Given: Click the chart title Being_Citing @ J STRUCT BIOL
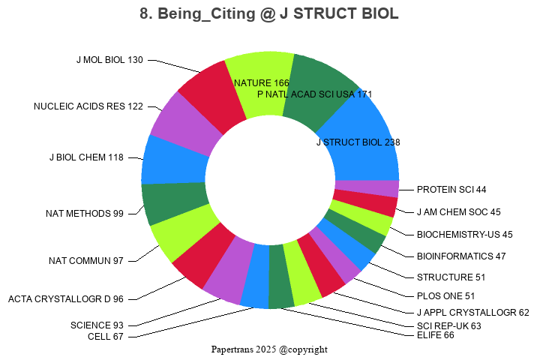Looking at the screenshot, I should [269, 14].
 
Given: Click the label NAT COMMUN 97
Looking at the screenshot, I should [85, 261].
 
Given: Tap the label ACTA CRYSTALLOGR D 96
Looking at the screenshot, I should [66, 299].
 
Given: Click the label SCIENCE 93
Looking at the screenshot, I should [97, 325].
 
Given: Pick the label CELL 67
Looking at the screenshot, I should [106, 336].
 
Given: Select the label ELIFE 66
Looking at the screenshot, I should [436, 335].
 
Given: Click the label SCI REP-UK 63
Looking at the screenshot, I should [448, 325].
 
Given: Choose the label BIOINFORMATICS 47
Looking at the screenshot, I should [461, 256].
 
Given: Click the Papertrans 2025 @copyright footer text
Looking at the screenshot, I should [269, 349].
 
